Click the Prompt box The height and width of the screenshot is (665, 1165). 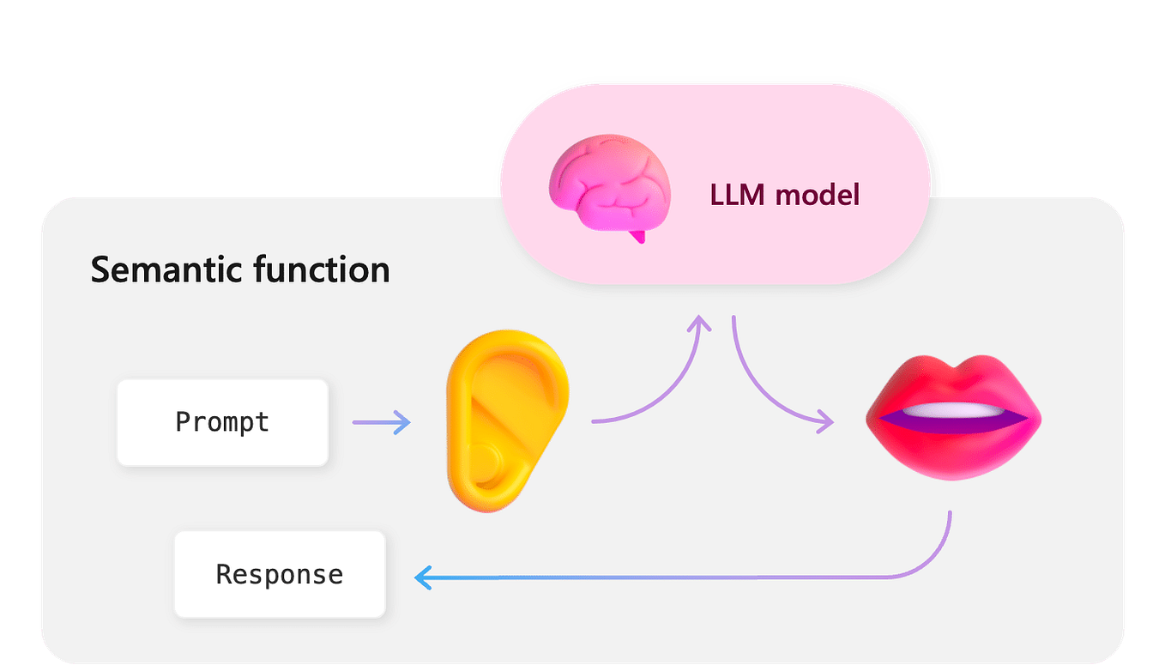point(222,422)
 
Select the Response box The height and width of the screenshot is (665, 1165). point(280,574)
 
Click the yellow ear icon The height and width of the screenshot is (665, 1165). point(506,420)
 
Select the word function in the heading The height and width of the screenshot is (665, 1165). point(321,269)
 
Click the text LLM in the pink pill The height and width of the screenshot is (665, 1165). point(736,195)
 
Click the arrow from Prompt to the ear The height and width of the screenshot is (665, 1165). point(381,422)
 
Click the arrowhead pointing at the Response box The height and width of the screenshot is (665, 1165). point(422,577)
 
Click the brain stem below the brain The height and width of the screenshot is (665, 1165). point(636,235)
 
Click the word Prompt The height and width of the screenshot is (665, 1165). point(222,422)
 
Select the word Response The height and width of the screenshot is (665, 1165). point(280,574)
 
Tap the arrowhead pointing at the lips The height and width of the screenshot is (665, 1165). point(825,421)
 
